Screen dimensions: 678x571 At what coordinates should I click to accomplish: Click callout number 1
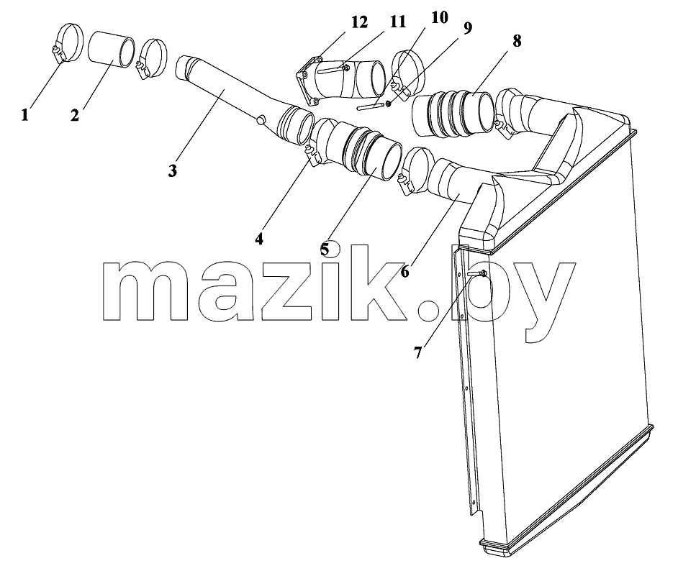[x=24, y=115]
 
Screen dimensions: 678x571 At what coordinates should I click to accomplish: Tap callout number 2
[x=75, y=115]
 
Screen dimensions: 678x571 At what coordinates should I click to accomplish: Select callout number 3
[x=173, y=170]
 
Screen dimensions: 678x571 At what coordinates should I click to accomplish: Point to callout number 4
[x=258, y=238]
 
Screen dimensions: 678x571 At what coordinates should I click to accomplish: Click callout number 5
[x=325, y=249]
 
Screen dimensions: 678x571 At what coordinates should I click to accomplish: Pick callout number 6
[x=404, y=272]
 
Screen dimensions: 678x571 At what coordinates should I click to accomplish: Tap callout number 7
[x=417, y=352]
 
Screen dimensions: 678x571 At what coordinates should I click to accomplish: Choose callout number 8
[x=517, y=40]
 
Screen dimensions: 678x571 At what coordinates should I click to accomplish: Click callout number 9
[x=467, y=28]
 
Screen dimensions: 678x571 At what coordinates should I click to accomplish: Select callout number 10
[x=439, y=18]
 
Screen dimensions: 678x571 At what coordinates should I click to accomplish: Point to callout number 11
[x=397, y=22]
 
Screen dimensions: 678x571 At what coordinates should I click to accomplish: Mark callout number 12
[x=358, y=22]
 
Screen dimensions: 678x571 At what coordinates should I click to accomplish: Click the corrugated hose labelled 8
[x=452, y=113]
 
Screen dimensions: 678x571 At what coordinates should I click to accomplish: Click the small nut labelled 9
[x=388, y=104]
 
